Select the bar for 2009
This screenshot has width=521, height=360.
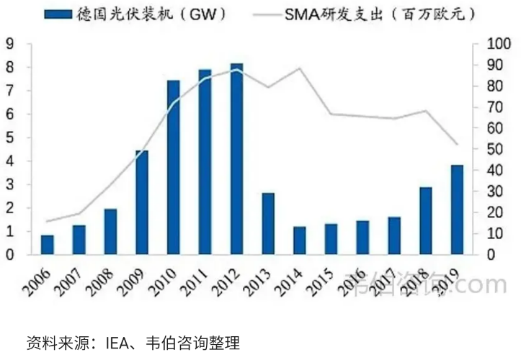tap(142, 202)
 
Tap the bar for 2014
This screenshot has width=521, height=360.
tap(299, 240)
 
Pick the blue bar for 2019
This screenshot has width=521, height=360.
tap(457, 210)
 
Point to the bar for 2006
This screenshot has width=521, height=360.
tap(47, 245)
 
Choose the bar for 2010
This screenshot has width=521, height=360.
tap(173, 167)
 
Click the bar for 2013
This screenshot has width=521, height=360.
tap(267, 223)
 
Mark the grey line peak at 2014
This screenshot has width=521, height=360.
tap(299, 68)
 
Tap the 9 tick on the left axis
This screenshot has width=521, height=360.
tap(10, 44)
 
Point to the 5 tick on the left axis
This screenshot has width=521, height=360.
tap(10, 138)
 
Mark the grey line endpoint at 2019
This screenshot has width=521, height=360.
tap(457, 145)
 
